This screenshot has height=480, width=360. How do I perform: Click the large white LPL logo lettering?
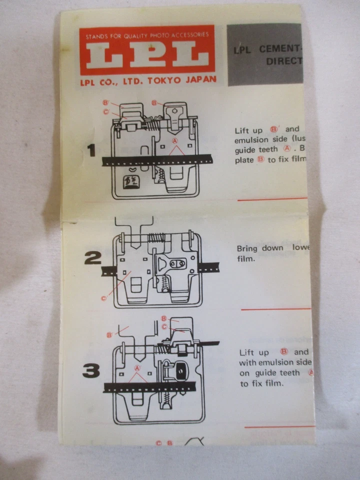147,56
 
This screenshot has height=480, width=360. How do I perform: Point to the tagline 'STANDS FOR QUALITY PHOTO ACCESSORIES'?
147,35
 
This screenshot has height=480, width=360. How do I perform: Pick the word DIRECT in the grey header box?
284,61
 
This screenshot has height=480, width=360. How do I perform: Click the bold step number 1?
91,150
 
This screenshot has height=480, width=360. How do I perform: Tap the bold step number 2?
92,258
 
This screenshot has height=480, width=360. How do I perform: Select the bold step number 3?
91,370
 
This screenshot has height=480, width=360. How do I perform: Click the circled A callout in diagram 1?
175,141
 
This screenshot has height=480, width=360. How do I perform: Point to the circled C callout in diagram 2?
104,298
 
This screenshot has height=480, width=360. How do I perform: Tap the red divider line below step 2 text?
275,309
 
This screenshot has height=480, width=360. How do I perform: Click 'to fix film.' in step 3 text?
261,383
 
